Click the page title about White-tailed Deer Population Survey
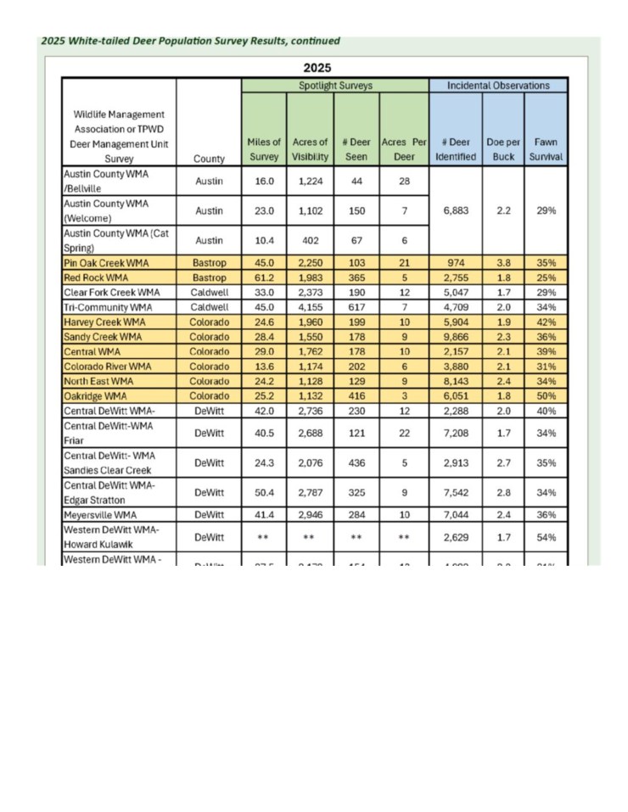coord(190,41)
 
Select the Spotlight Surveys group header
coord(335,86)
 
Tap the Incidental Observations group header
coord(498,86)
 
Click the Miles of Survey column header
coord(263,149)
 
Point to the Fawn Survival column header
coord(546,149)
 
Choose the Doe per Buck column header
coord(503,149)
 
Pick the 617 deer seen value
coord(356,308)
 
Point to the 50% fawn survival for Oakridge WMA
coord(546,396)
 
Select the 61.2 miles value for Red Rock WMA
coord(263,278)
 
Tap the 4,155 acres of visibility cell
coord(310,308)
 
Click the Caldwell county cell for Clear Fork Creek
coord(209,293)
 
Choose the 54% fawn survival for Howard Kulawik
coord(546,536)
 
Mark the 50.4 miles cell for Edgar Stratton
coord(263,492)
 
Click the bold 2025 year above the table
coord(317,68)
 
